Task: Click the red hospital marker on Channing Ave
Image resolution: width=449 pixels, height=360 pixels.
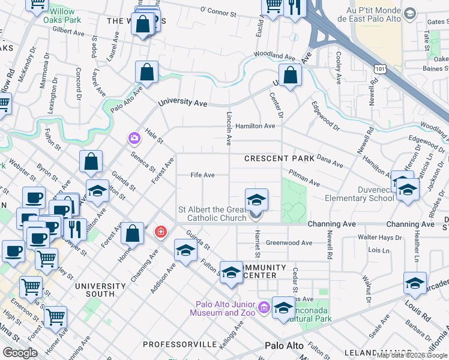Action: click(160, 231)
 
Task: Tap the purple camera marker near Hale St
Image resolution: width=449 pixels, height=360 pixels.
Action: click(134, 139)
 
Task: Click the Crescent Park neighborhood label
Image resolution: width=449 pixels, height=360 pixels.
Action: click(279, 158)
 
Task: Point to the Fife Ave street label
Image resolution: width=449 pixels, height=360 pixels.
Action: click(202, 175)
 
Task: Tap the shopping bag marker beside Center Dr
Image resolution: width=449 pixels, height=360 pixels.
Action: click(290, 76)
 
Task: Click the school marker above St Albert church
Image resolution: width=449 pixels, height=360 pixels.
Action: click(256, 199)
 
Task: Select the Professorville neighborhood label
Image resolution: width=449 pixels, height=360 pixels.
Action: click(179, 344)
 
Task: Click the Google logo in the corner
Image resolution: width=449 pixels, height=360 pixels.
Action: click(20, 352)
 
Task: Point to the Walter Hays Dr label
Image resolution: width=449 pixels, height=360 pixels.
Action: click(379, 238)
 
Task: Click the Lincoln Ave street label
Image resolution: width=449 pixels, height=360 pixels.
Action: click(229, 128)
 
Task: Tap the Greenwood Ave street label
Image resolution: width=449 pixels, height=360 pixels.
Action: click(289, 243)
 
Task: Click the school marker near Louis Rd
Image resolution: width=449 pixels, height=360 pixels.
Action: click(415, 283)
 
